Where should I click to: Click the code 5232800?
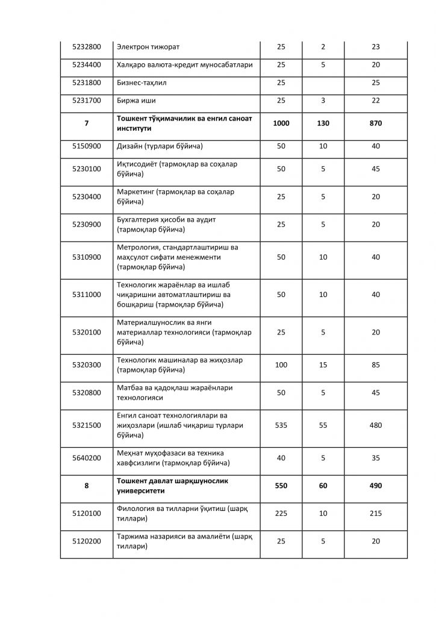tap(86, 47)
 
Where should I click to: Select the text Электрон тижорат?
tap(148, 47)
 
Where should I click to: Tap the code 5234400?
tap(86, 64)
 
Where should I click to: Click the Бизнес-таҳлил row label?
tap(143, 83)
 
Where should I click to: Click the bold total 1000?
tap(281, 123)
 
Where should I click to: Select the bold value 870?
tap(376, 123)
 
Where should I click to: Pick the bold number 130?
tap(323, 123)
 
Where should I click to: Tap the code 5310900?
tap(86, 257)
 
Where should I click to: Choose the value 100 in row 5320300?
tap(281, 365)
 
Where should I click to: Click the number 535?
tap(281, 425)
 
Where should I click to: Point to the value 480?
tap(376, 425)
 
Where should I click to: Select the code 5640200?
tap(86, 457)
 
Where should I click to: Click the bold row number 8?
tap(86, 486)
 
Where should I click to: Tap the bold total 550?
tap(281, 486)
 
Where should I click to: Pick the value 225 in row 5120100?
tap(281, 513)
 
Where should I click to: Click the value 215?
tap(376, 513)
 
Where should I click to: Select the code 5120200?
tap(86, 542)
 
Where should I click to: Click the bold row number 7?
tap(86, 123)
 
